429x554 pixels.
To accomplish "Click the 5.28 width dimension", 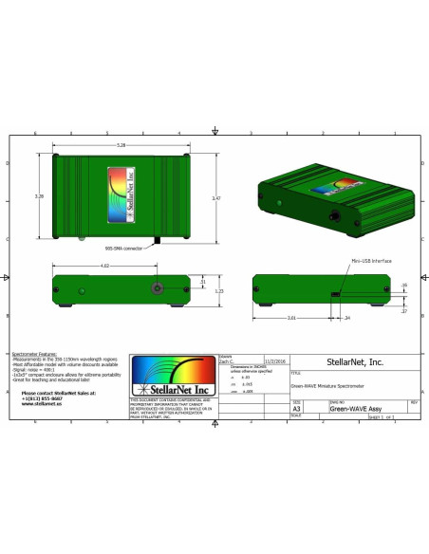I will [117, 145].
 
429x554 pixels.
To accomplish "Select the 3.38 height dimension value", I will [39, 196].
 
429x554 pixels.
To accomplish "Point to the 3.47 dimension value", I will [217, 198].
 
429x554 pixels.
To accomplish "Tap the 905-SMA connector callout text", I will [125, 247].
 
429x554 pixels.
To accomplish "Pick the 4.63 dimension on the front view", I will [104, 266].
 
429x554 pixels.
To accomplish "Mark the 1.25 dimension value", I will [217, 291].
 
